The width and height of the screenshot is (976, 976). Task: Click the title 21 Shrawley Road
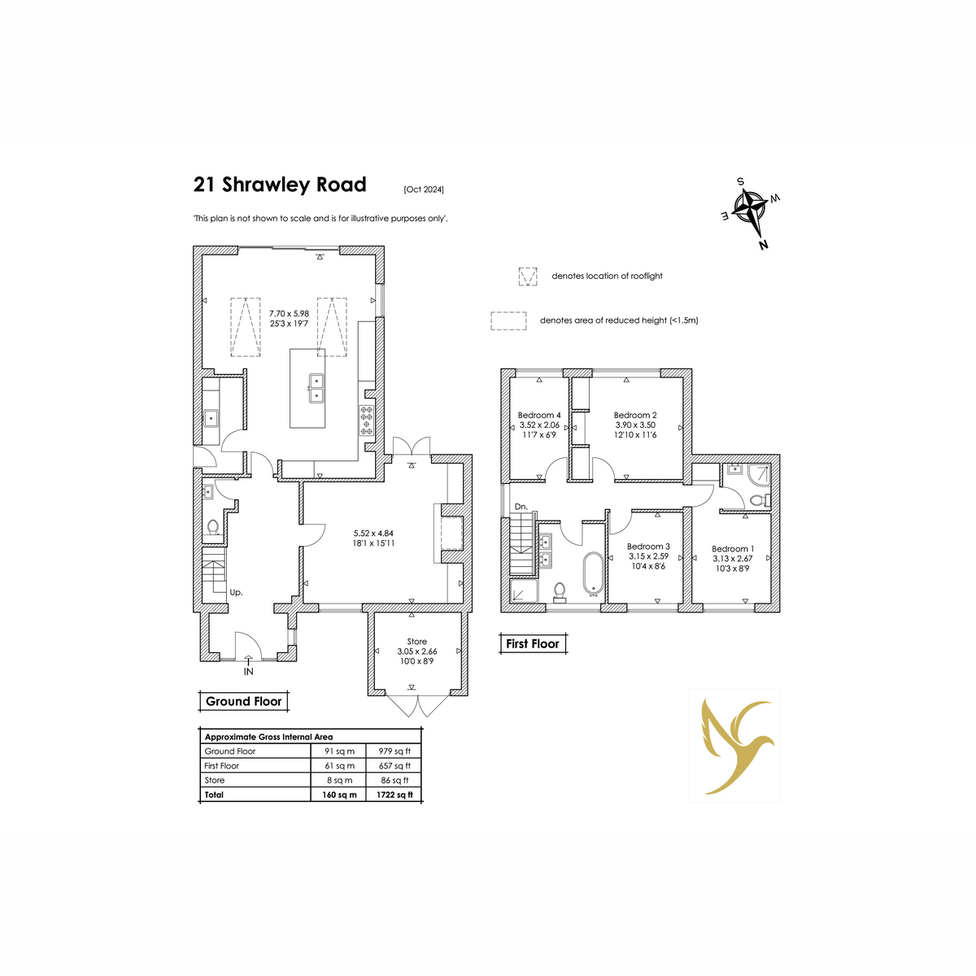[279, 185]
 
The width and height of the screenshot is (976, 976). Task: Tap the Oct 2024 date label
[424, 190]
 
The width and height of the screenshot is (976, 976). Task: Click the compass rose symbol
[752, 213]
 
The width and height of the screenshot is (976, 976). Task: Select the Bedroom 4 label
[539, 416]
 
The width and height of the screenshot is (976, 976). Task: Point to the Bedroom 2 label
[635, 416]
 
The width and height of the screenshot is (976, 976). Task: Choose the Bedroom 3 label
[648, 547]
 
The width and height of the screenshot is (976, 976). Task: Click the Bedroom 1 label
[733, 549]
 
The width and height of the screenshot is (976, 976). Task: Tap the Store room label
[417, 642]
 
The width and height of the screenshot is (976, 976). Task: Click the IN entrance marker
[248, 672]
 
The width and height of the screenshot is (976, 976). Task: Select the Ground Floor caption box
[244, 701]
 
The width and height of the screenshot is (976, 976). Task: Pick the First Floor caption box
[532, 643]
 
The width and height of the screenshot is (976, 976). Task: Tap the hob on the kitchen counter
[367, 420]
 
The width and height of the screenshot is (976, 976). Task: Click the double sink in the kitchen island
[316, 388]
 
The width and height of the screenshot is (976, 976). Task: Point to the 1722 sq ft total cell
[394, 795]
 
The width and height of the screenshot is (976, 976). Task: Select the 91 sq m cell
[339, 752]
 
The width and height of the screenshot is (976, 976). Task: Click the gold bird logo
[735, 747]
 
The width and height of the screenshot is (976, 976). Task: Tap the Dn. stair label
[521, 507]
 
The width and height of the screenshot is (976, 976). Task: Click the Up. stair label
[236, 592]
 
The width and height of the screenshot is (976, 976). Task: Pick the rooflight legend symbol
[527, 277]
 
